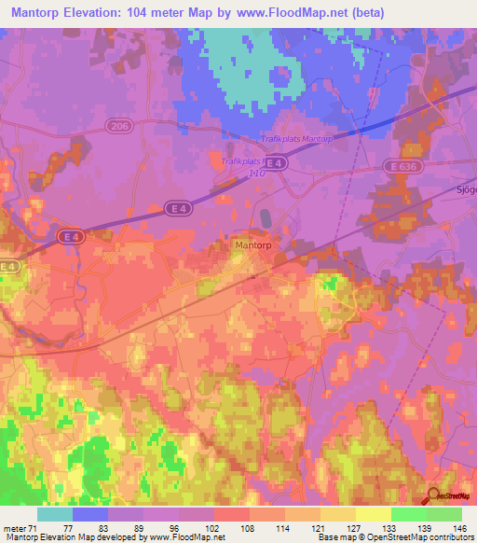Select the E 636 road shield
tap(398, 165)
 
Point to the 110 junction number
tap(257, 173)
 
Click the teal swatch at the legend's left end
tap(55, 514)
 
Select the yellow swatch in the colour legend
tap(373, 514)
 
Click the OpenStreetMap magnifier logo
tap(435, 497)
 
